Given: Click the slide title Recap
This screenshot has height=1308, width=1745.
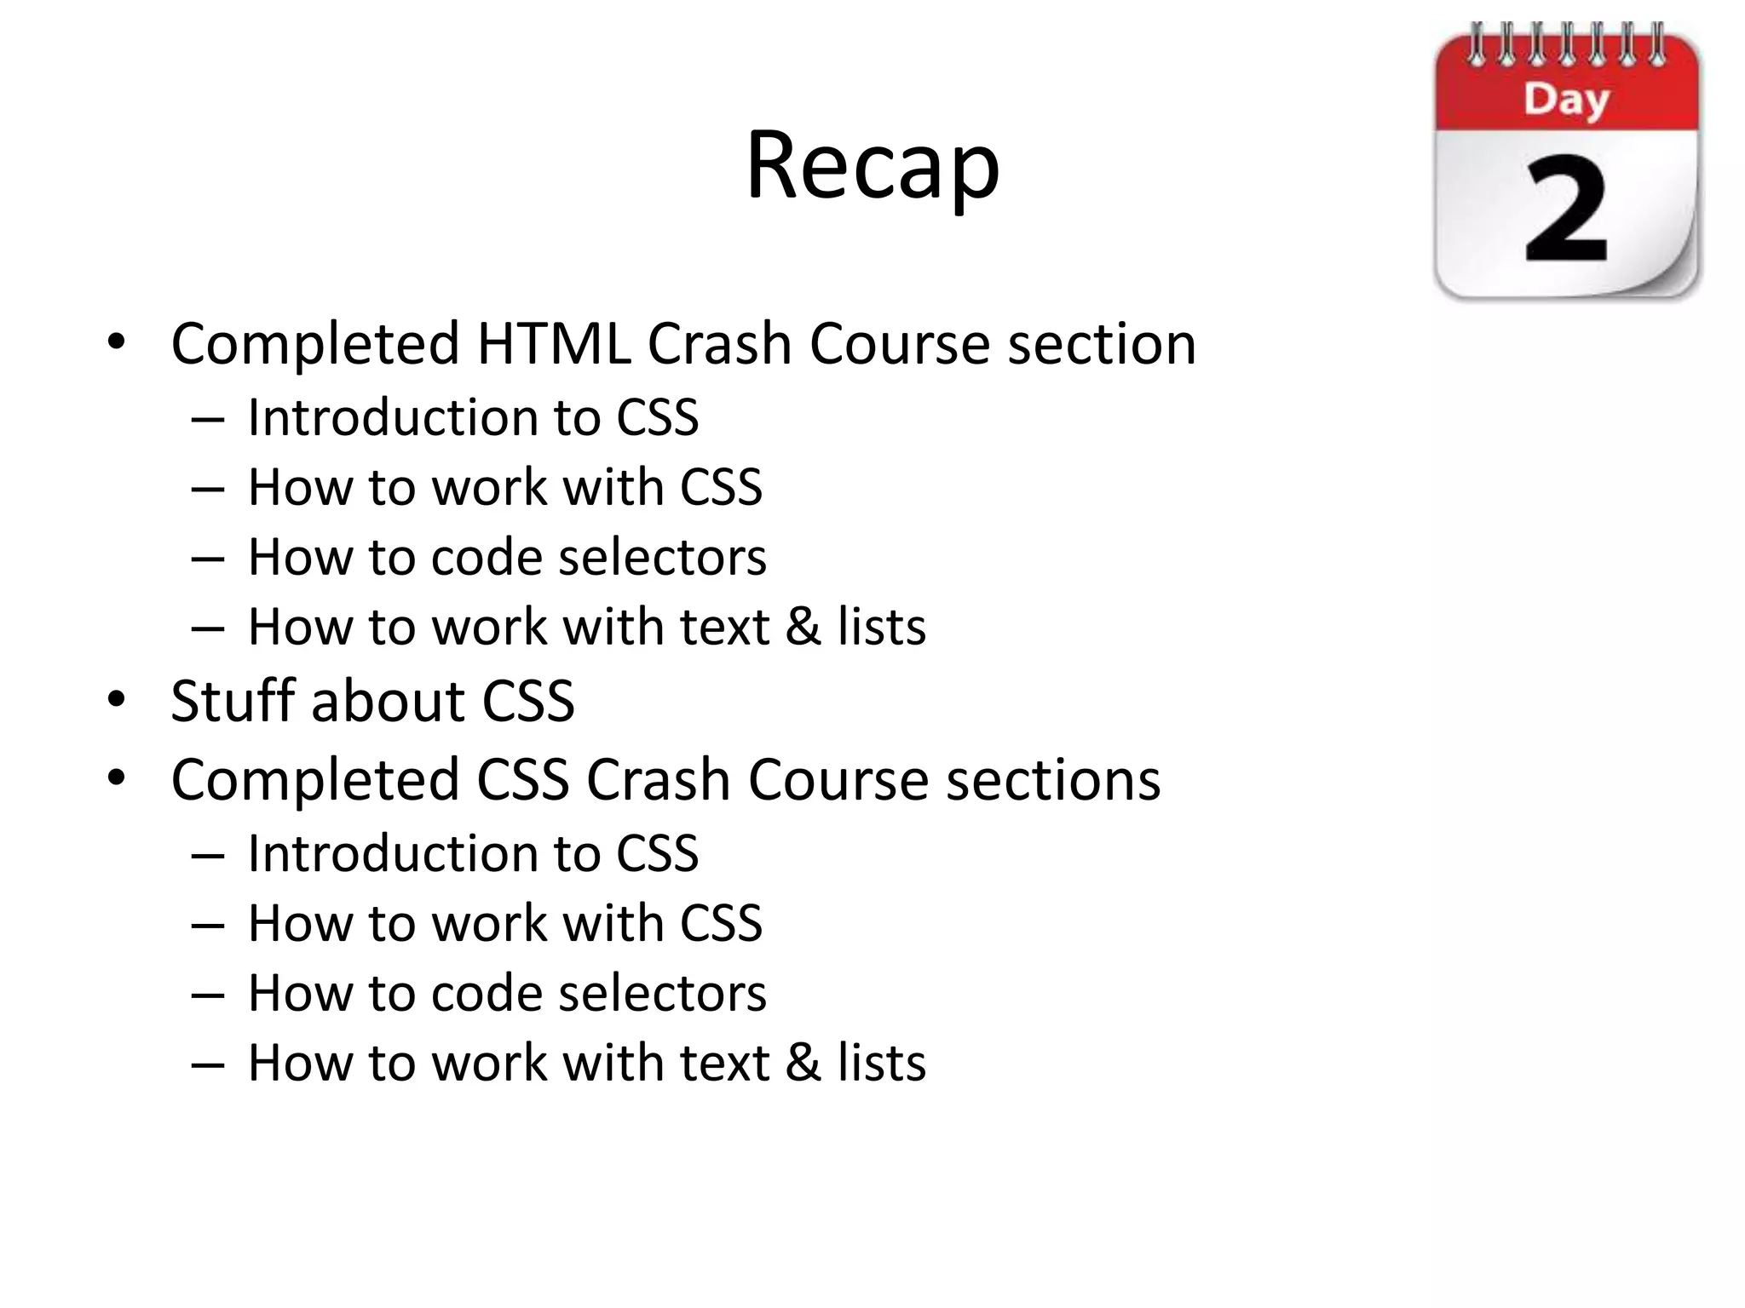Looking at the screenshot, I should [872, 165].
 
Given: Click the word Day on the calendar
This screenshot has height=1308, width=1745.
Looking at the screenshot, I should [1566, 100].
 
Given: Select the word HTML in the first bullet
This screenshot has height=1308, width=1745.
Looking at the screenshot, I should [554, 344].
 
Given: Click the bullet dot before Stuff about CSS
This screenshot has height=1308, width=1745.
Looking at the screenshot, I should [117, 700].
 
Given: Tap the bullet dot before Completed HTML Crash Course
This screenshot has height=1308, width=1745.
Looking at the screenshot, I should [117, 342].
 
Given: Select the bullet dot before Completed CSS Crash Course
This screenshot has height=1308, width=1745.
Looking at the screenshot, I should [117, 778].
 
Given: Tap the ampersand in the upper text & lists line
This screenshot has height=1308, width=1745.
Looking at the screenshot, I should [803, 628].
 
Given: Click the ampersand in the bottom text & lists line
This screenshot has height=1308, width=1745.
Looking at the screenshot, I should [803, 1064].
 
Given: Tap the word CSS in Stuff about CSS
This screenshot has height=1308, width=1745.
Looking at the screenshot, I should [528, 702].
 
